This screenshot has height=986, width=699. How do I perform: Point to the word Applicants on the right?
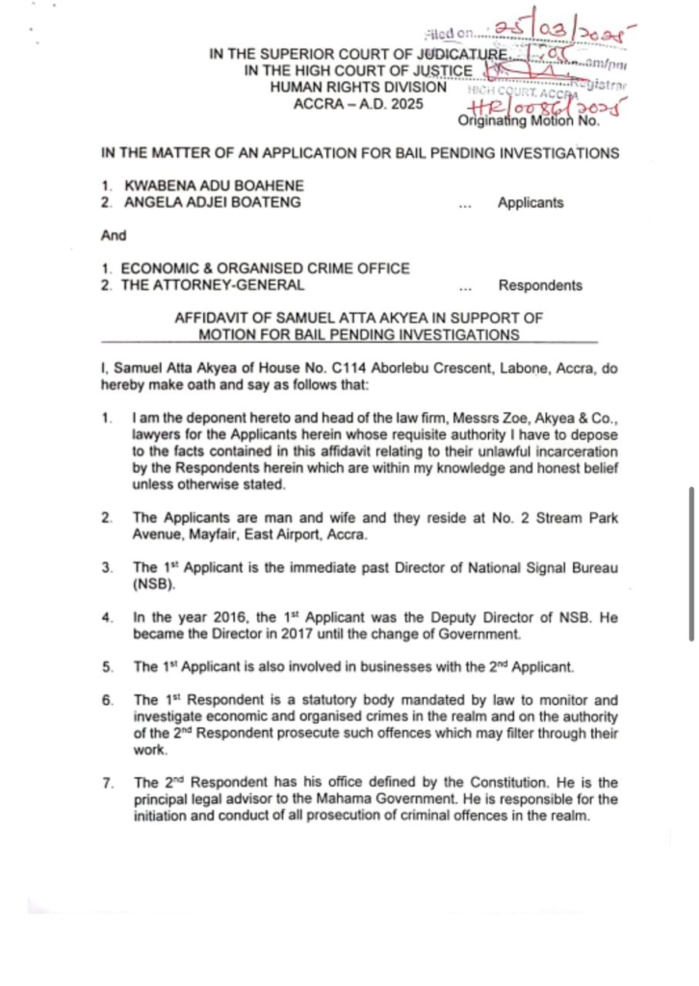click(x=531, y=202)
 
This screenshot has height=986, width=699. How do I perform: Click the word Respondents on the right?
click(x=540, y=285)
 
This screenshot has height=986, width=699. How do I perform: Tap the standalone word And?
click(x=113, y=235)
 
